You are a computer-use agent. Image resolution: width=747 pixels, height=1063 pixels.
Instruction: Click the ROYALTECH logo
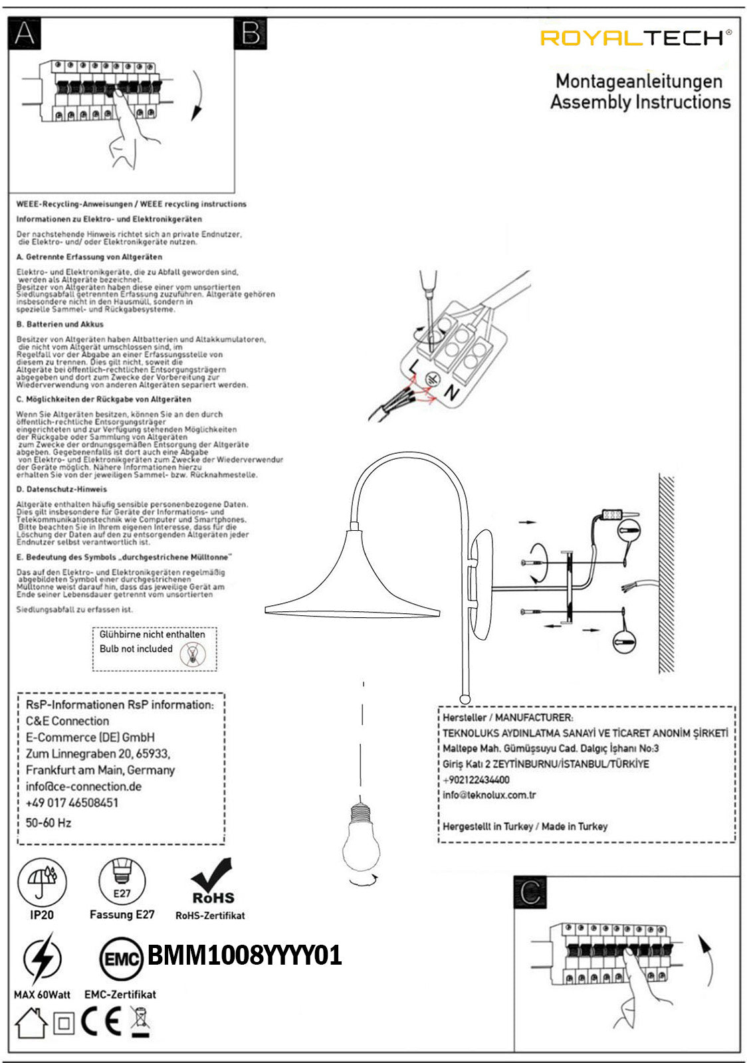pyautogui.click(x=635, y=38)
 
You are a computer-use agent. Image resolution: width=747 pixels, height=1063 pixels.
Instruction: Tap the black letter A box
pyautogui.click(x=25, y=33)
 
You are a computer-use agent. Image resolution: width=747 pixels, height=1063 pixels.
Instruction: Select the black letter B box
pyautogui.click(x=251, y=33)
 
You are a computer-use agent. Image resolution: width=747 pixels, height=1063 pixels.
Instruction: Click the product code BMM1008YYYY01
pyautogui.click(x=245, y=955)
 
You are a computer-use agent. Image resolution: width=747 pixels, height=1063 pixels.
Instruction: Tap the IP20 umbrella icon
pyautogui.click(x=42, y=882)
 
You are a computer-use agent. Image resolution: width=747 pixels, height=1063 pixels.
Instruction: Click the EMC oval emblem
pyautogui.click(x=121, y=958)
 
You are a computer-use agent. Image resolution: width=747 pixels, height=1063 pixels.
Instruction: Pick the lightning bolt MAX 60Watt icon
pyautogui.click(x=42, y=959)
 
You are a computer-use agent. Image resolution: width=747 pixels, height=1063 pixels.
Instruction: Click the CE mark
pyautogui.click(x=101, y=1022)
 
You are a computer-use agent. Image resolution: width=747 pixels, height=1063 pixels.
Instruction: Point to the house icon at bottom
pyautogui.click(x=31, y=1023)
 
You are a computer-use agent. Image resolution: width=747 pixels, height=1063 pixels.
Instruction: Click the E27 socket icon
pyautogui.click(x=122, y=881)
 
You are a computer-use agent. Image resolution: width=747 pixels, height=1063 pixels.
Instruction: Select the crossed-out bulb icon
pyautogui.click(x=193, y=654)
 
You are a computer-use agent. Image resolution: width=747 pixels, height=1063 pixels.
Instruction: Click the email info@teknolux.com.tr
pyautogui.click(x=490, y=795)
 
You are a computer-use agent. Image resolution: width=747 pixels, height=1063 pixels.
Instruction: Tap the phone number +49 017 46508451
pyautogui.click(x=72, y=803)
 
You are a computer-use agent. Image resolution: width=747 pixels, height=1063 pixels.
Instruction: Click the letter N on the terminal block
pyautogui.click(x=452, y=393)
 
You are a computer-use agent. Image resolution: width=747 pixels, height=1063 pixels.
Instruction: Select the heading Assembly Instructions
pyautogui.click(x=640, y=102)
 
